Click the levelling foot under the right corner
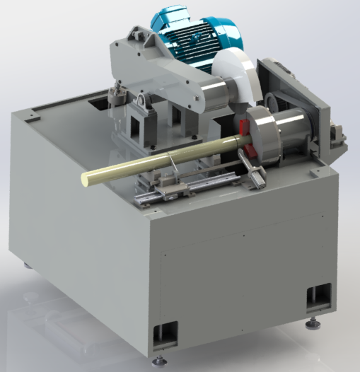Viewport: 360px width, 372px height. click(x=311, y=325)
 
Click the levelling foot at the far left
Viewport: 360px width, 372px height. click(x=28, y=266)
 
